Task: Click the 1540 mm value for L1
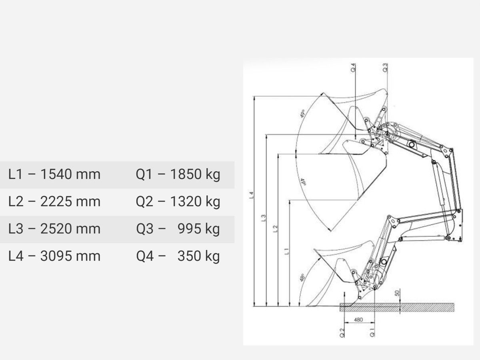point(70,174)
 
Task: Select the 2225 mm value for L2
point(70,202)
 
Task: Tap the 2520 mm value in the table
point(70,229)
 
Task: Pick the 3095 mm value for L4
point(70,256)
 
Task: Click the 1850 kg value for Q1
point(195,175)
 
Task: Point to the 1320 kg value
point(195,202)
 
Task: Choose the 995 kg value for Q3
point(198,229)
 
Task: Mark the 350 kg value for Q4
point(198,256)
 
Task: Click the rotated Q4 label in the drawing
point(353,68)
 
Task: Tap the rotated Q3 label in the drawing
point(385,67)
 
